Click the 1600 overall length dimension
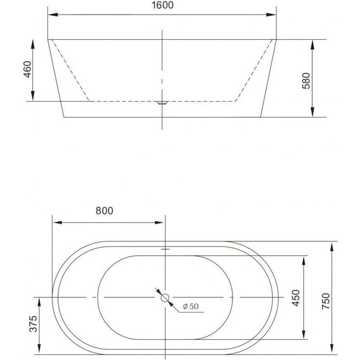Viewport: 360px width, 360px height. point(163,6)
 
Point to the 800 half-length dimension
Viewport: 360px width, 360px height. point(105,212)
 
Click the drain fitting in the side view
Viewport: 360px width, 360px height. point(162,102)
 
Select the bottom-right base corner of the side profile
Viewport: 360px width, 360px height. point(261,117)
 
